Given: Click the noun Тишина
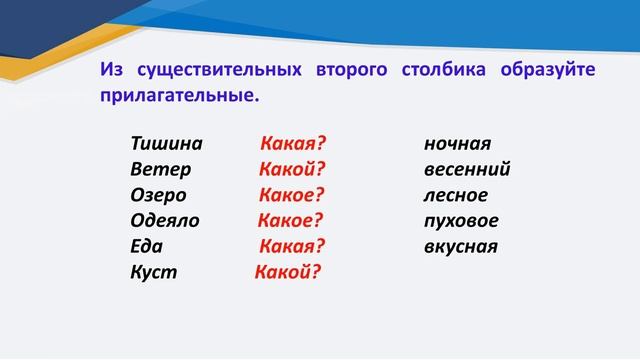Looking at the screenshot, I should pyautogui.click(x=166, y=143).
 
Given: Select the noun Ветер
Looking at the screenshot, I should pyautogui.click(x=160, y=169).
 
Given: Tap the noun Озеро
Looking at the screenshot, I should pyautogui.click(x=158, y=195).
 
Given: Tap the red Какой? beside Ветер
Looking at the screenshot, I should pyautogui.click(x=293, y=169).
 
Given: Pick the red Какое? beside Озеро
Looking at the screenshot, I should pyautogui.click(x=293, y=195).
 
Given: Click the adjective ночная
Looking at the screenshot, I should pyautogui.click(x=457, y=143).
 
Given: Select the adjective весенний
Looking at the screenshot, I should pyautogui.click(x=467, y=169).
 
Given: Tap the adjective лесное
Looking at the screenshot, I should pyautogui.click(x=456, y=195).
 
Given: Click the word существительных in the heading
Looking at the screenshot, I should pyautogui.click(x=217, y=71).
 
